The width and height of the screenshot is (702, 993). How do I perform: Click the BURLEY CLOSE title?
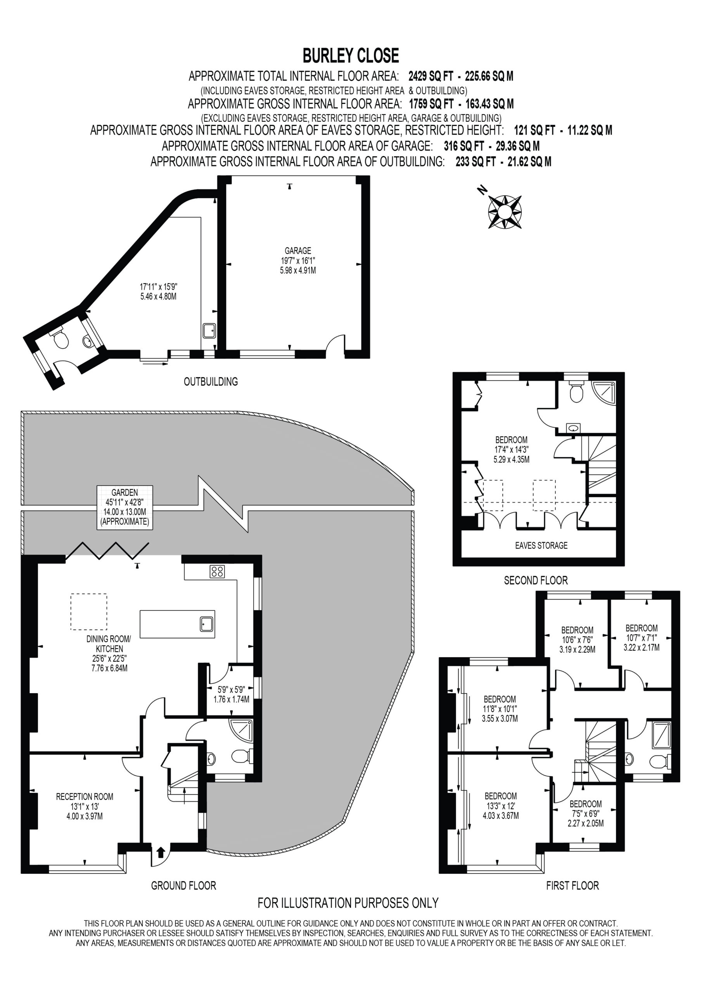click(350, 56)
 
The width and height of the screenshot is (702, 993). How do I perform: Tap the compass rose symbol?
click(504, 211)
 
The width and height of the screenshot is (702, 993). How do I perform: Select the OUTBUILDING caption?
click(211, 381)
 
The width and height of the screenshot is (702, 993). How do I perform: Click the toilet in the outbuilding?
click(60, 339)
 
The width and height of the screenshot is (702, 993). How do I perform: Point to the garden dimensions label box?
click(124, 507)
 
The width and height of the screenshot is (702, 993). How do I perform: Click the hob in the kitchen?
click(217, 571)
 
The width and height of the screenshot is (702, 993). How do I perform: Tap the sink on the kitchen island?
click(207, 624)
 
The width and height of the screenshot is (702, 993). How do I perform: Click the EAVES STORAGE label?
click(541, 545)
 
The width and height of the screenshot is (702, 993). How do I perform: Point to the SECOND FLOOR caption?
click(536, 580)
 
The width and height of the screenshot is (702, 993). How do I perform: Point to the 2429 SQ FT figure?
click(431, 76)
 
